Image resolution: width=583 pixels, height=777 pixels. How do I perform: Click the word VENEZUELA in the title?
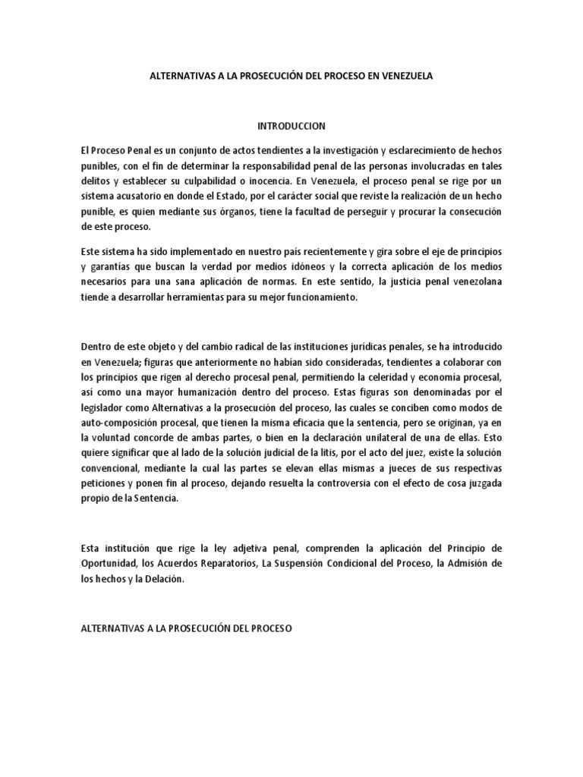(x=403, y=77)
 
